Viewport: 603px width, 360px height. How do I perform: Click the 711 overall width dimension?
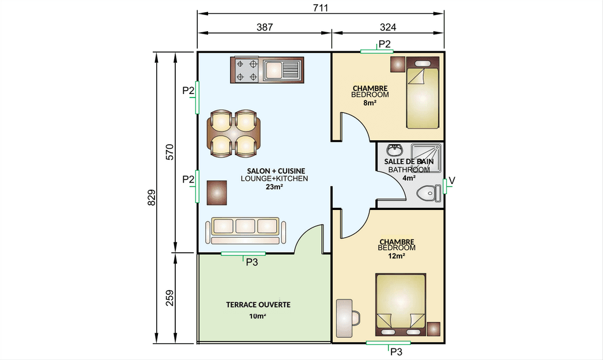point(321,7)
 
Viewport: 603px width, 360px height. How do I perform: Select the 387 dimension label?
point(265,27)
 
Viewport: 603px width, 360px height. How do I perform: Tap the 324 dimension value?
point(387,27)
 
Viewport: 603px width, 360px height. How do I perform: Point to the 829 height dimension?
point(152,197)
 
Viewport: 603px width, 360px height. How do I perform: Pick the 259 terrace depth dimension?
point(169,298)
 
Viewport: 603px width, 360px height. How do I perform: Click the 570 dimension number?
point(169,152)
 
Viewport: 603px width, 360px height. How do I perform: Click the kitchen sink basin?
point(273,70)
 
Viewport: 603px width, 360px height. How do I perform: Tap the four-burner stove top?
point(247,70)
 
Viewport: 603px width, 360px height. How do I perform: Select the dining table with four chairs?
point(234,133)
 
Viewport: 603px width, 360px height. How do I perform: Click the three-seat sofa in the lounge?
point(246,230)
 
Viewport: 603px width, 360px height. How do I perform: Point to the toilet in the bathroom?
point(429,193)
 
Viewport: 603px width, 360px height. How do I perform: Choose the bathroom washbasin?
point(394,150)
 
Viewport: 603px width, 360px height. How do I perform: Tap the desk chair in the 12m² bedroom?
point(355,318)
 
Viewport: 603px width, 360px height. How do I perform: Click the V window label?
point(452,181)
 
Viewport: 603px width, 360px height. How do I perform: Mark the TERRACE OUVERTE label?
point(258,305)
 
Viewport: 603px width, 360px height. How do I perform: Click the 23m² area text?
point(274,187)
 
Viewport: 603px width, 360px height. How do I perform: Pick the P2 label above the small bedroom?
point(385,44)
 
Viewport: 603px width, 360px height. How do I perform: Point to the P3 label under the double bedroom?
point(396,352)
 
